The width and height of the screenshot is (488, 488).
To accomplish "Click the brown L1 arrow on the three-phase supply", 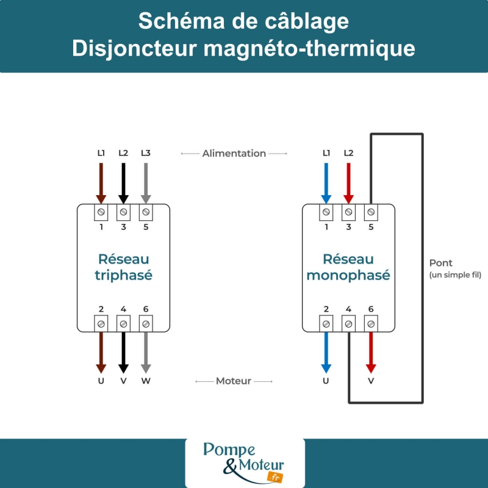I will click(101, 183).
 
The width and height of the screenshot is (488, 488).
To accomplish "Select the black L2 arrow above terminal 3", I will click(123, 183).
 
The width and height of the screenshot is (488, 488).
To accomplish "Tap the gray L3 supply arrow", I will click(146, 183).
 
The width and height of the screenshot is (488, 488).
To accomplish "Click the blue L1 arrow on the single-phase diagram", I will click(326, 183).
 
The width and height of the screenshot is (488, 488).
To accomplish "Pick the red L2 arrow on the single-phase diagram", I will click(348, 183).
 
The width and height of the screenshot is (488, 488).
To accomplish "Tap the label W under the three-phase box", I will click(146, 381).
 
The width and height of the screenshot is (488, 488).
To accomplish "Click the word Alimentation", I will click(234, 154).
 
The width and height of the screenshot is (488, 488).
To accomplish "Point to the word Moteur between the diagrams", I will click(234, 381).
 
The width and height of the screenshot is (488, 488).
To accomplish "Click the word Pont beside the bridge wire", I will click(441, 263).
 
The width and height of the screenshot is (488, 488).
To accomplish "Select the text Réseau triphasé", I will click(123, 267).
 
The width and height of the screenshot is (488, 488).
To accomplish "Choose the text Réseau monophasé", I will click(348, 267).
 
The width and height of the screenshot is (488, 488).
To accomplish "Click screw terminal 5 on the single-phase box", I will click(371, 212).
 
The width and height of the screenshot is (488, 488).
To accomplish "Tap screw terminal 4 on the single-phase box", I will click(348, 323).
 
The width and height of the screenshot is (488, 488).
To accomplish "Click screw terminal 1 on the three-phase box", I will click(101, 212).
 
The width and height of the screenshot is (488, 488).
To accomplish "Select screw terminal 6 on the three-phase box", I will click(146, 323).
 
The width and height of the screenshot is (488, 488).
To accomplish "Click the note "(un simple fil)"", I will click(455, 276).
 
